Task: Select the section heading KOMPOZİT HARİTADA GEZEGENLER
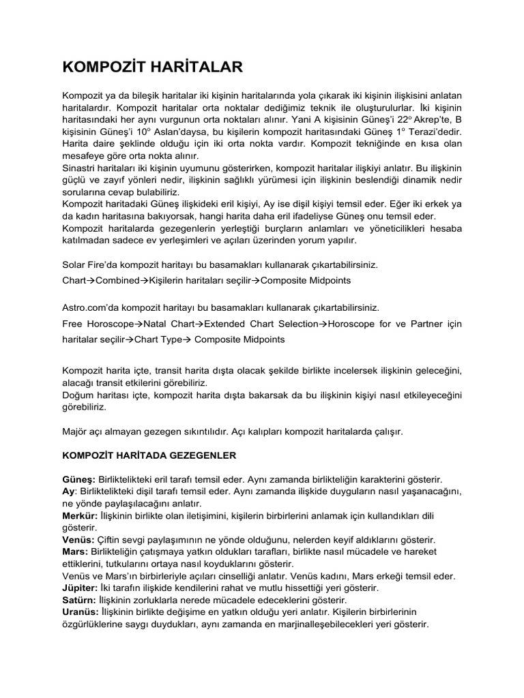pos(150,453)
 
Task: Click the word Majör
pos(76,431)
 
